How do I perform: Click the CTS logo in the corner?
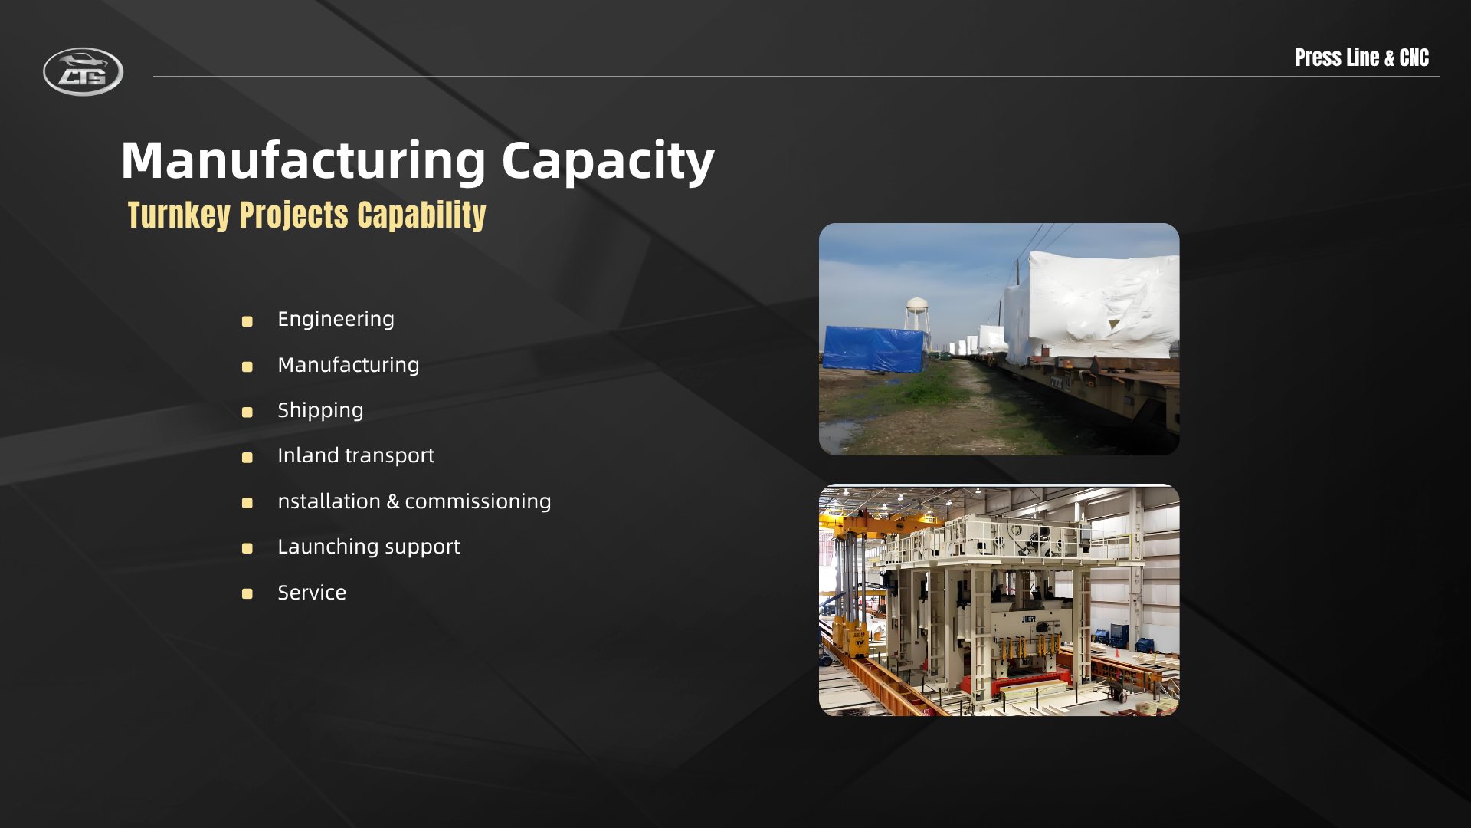pyautogui.click(x=83, y=71)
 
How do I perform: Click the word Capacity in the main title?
pyautogui.click(x=608, y=162)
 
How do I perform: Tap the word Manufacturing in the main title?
pyautogui.click(x=303, y=161)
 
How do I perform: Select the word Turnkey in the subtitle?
pyautogui.click(x=179, y=215)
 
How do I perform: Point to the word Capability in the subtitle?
pyautogui.click(x=421, y=215)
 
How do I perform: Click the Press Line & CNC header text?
pyautogui.click(x=1361, y=58)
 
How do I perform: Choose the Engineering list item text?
pyautogui.click(x=336, y=319)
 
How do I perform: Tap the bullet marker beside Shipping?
pyautogui.click(x=247, y=412)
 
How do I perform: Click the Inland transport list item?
pyautogui.click(x=355, y=455)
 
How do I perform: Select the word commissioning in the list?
pyautogui.click(x=477, y=501)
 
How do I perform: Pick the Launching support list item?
pyautogui.click(x=369, y=547)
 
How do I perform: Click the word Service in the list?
pyautogui.click(x=312, y=593)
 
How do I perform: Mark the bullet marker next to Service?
pyautogui.click(x=247, y=594)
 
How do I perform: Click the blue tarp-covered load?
pyautogui.click(x=874, y=349)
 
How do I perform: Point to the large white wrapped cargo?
pyautogui.click(x=1093, y=307)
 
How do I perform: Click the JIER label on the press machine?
pyautogui.click(x=1028, y=619)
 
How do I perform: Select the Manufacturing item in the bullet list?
pyautogui.click(x=348, y=365)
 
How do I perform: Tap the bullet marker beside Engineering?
pyautogui.click(x=247, y=321)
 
